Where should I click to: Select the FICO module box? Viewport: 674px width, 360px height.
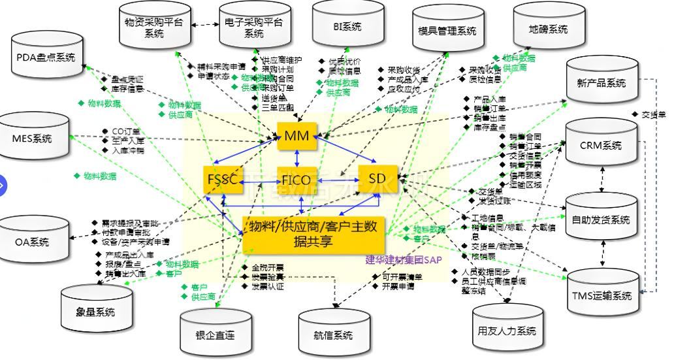click(297, 178)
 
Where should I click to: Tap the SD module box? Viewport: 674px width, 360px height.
click(377, 178)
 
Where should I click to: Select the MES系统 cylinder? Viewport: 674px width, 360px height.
click(32, 139)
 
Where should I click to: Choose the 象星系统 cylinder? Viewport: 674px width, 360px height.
click(96, 311)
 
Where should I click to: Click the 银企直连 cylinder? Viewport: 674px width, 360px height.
click(215, 335)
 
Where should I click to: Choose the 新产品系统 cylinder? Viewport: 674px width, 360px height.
click(602, 82)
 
